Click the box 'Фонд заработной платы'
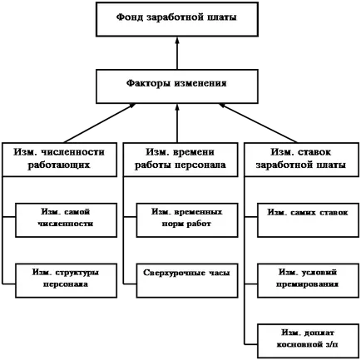(177, 19)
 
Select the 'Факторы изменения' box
(177, 86)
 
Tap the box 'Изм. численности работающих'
(59, 160)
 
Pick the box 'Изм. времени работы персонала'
(180, 160)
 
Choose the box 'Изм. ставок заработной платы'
(302, 160)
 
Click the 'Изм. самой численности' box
(66, 220)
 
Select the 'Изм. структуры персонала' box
(66, 280)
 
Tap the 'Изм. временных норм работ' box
(187, 220)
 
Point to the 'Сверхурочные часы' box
(187, 280)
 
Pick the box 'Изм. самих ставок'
(309, 220)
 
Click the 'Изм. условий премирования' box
(309, 280)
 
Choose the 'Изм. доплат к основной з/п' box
(309, 341)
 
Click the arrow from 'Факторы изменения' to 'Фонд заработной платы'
(177, 53)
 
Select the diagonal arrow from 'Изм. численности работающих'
(99, 123)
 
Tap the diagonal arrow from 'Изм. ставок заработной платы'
(258, 123)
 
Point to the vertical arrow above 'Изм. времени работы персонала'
(177, 123)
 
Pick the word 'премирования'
(307, 284)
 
